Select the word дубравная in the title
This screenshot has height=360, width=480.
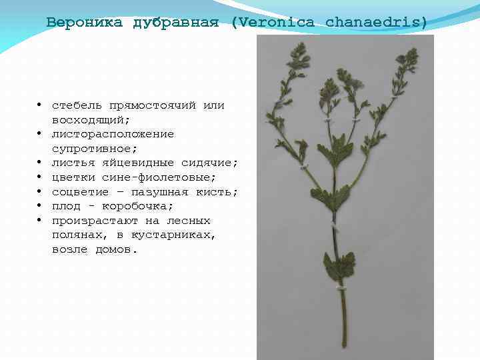(x=176, y=22)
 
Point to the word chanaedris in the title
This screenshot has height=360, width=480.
(x=376, y=22)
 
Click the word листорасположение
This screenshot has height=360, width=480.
(x=113, y=134)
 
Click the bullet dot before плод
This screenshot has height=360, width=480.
(x=41, y=206)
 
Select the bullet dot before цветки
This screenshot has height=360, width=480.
(x=41, y=177)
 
